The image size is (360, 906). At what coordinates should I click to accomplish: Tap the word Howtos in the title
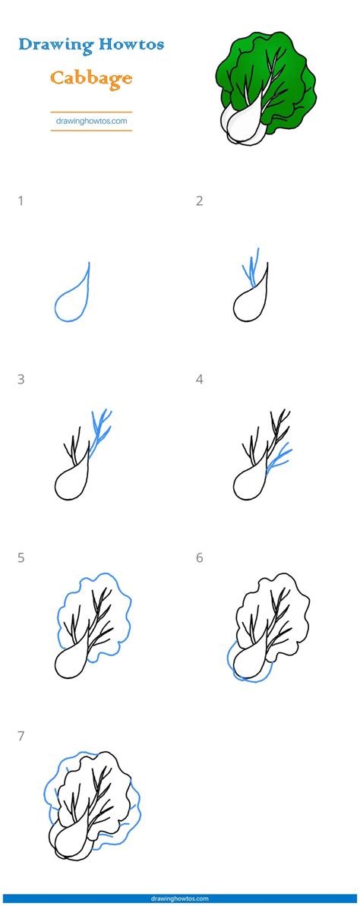click(x=131, y=44)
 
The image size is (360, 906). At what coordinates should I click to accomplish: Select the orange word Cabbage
click(x=91, y=78)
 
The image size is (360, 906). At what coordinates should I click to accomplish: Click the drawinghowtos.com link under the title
click(x=91, y=122)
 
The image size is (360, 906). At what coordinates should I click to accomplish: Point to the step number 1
click(x=21, y=201)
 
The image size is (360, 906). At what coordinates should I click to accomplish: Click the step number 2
click(x=199, y=201)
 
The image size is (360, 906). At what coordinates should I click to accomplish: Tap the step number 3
click(x=21, y=380)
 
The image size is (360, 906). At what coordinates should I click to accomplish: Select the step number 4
click(x=199, y=380)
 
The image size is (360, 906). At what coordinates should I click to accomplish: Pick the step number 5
click(x=21, y=558)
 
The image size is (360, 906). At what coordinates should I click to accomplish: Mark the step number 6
click(x=199, y=558)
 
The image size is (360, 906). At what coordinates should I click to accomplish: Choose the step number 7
click(x=21, y=737)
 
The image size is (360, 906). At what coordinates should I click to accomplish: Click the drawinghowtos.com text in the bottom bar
click(x=180, y=898)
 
